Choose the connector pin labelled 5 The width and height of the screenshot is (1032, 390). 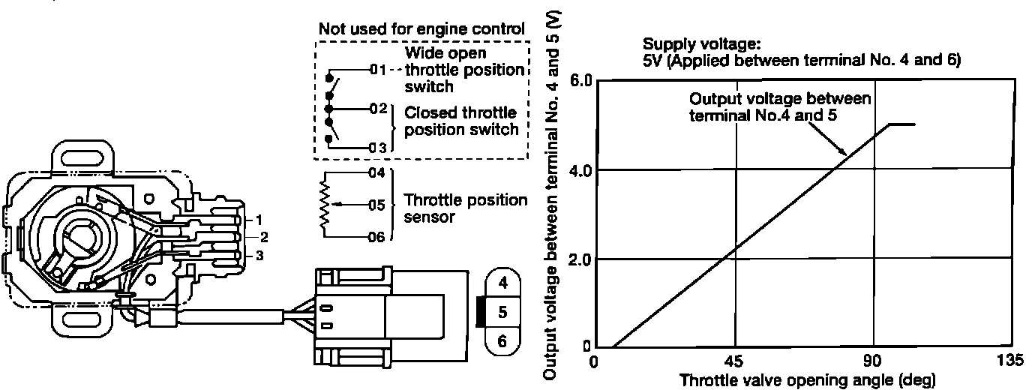[503, 311]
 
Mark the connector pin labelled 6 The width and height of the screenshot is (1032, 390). [503, 340]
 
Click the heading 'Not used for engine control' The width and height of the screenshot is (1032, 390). [421, 29]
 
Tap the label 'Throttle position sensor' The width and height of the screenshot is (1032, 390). [454, 208]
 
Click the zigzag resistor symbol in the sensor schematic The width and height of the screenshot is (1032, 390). [325, 202]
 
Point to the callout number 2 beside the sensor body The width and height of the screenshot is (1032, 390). [264, 238]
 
